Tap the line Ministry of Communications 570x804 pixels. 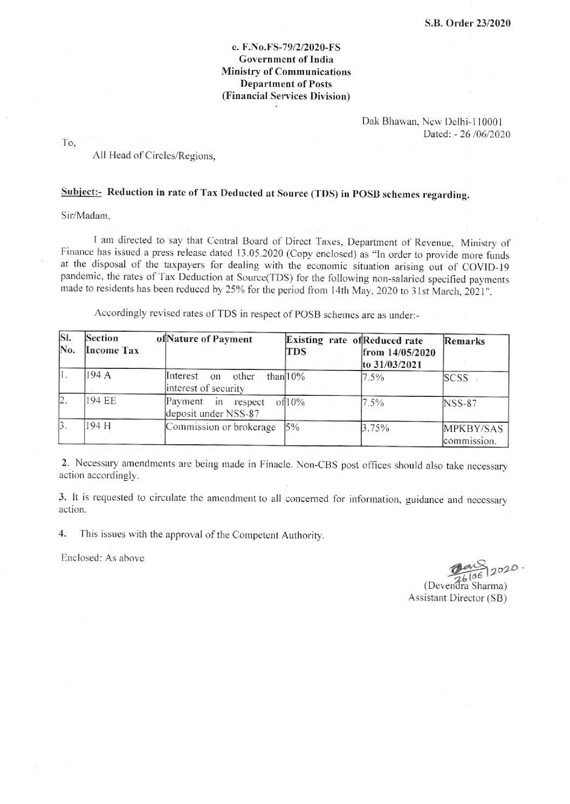tap(286, 72)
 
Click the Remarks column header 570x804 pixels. tap(463, 341)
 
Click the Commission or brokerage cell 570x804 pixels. tap(222, 428)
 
